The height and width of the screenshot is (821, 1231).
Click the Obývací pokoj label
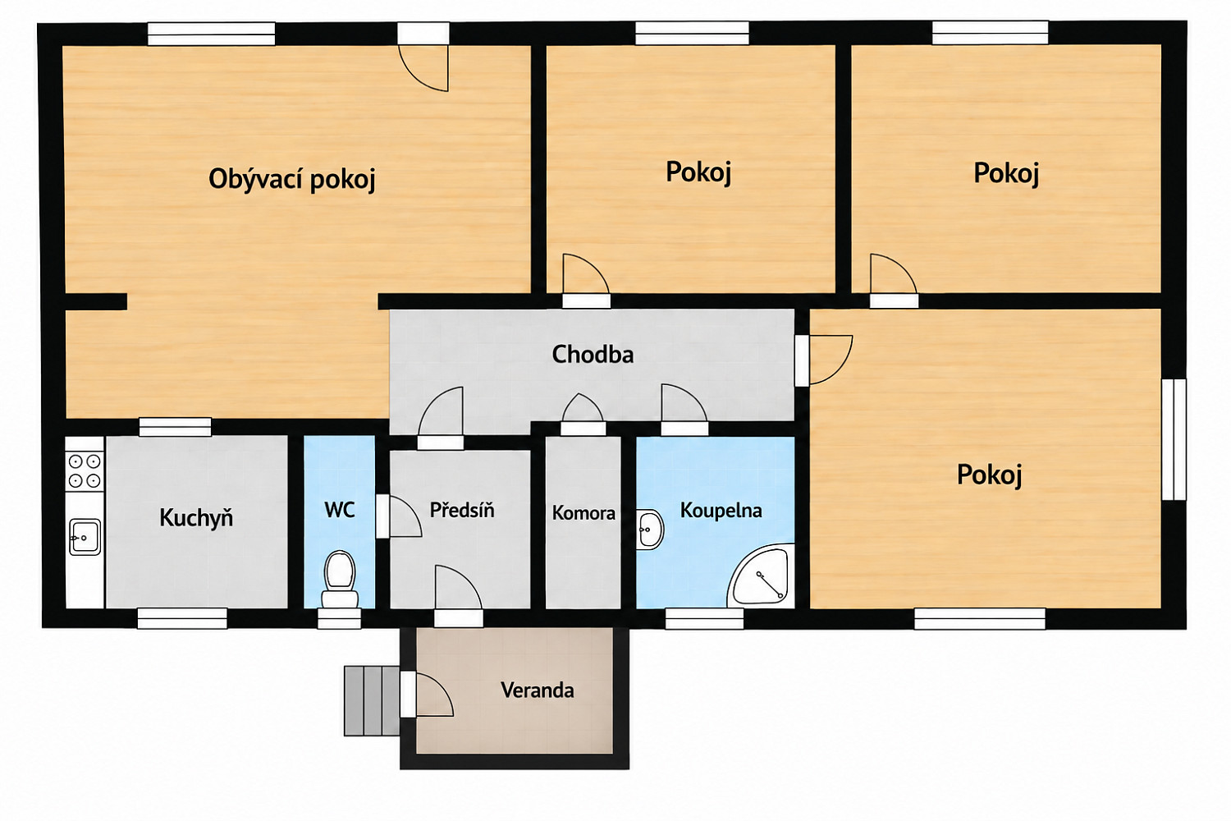292,179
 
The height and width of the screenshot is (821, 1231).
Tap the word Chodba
593,355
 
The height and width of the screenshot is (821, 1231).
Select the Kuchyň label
196,517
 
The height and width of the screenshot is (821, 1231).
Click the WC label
340,511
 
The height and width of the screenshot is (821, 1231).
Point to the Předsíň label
461,510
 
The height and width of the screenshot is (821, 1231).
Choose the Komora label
583,513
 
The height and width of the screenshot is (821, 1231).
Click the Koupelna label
721,511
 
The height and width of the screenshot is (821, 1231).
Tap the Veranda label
537,690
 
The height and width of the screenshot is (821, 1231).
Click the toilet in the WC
340,579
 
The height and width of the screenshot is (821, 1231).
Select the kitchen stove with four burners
85,471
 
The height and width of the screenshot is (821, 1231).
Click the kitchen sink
85,537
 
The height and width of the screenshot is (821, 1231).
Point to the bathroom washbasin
650,530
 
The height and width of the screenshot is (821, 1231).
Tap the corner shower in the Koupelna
761,577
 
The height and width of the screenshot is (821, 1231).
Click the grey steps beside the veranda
372,700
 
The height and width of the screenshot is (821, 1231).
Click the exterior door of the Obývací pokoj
423,57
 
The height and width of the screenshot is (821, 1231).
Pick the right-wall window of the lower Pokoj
1174,438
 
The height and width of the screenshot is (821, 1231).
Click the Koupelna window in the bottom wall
704,618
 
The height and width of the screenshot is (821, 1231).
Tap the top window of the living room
211,34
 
